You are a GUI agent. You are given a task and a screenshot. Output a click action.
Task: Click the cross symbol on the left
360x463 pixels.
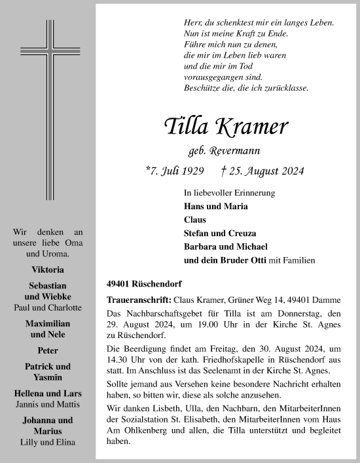[x=47, y=108]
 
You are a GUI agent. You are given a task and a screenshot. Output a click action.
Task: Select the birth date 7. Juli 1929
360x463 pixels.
[x=173, y=172]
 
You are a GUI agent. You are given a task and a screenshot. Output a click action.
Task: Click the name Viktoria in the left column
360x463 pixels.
[x=47, y=269]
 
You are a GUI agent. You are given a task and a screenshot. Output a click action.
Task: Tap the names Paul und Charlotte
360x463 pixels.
[x=48, y=307]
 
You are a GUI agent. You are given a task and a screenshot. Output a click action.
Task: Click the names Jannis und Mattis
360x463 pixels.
[x=47, y=404]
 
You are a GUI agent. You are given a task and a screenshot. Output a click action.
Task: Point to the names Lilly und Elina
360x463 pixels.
[x=47, y=441]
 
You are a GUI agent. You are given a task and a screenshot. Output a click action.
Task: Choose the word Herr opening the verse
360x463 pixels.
[x=192, y=22]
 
